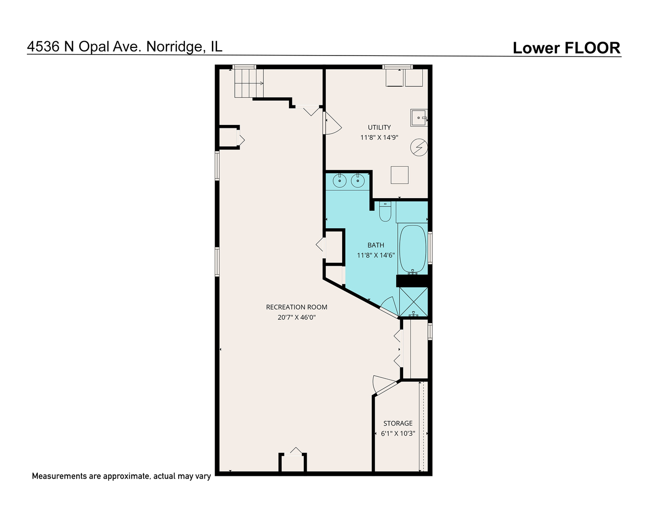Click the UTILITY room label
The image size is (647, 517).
point(379,127)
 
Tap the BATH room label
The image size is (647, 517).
point(376,245)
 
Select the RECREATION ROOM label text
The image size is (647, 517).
point(297,307)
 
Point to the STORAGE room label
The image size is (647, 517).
point(398,423)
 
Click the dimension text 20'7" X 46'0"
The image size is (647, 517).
point(297,317)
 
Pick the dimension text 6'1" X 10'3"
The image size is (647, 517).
point(398,434)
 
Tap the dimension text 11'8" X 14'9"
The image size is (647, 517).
point(379,137)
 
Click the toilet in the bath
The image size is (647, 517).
point(385,212)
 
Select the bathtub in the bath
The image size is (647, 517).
point(413,248)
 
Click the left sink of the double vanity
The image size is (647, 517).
point(340,181)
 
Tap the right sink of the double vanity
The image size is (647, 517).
point(358,181)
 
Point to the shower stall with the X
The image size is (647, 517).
point(414,302)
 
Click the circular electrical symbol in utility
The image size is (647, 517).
point(419,147)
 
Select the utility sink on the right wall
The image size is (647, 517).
point(419,118)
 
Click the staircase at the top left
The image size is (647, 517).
point(249,83)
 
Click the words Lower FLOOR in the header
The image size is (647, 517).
point(566,48)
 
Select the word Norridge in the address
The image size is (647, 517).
point(174,47)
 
